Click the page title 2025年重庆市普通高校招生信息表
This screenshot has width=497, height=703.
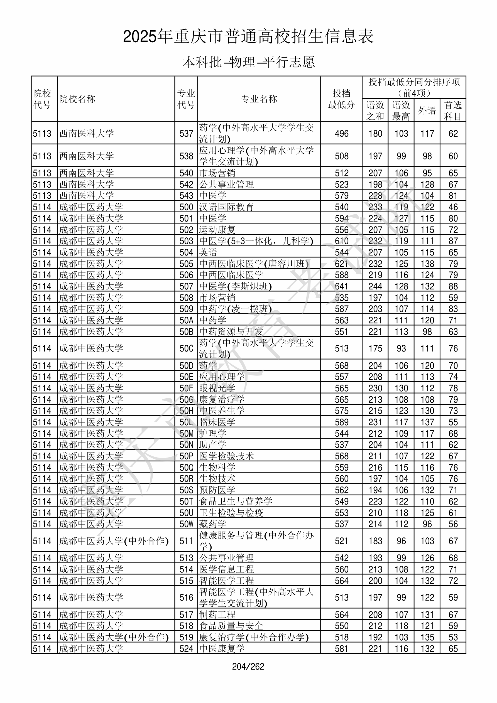point(248,37)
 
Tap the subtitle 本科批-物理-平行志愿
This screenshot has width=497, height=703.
point(248,62)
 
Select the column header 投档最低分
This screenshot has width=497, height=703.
point(341,99)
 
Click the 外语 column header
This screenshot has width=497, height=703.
point(427,110)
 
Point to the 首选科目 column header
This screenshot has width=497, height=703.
point(453,110)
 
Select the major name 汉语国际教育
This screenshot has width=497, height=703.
point(226,207)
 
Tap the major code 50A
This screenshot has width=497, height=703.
point(186,320)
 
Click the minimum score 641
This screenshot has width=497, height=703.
point(341,286)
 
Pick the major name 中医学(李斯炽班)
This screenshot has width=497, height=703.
point(235,286)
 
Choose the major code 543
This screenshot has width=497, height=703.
point(186,196)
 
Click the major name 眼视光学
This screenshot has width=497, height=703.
point(217,388)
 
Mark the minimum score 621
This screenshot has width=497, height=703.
point(341,264)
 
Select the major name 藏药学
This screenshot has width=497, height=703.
point(213,524)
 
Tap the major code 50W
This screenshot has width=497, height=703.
point(186,524)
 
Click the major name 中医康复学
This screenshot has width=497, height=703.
point(222,648)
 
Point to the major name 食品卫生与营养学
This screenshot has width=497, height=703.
point(236,502)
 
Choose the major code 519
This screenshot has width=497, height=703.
point(186,637)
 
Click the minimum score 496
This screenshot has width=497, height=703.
point(341,134)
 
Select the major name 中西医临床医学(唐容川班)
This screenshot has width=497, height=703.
point(254,264)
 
